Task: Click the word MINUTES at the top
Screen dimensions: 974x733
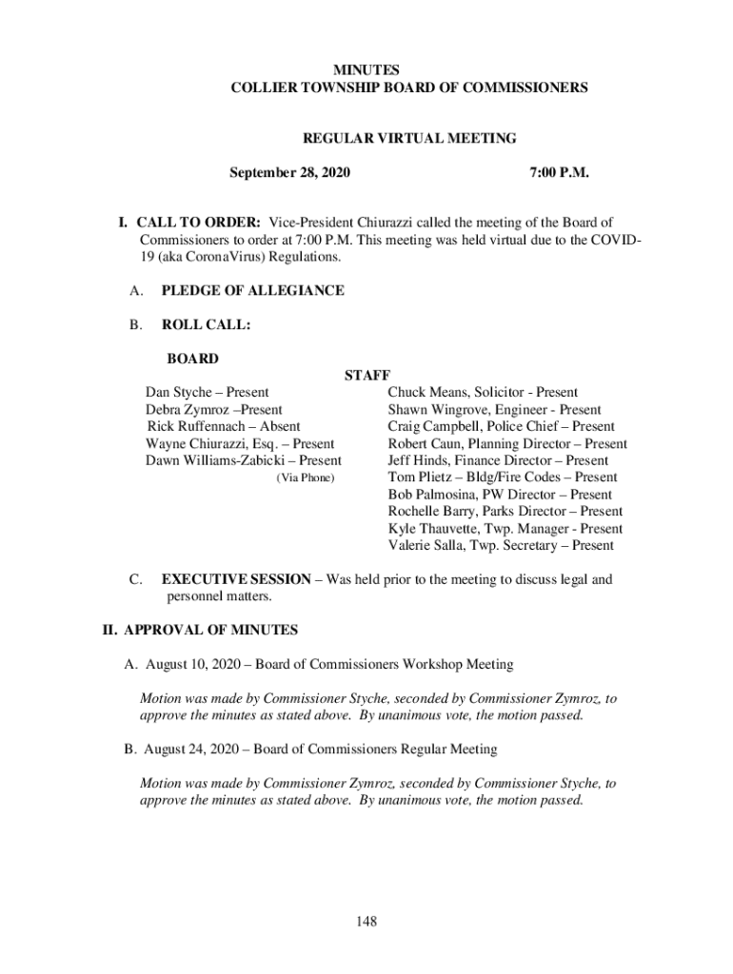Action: coord(366,70)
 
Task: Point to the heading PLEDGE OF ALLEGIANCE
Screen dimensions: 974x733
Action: coord(253,290)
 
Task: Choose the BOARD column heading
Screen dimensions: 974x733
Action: coord(192,359)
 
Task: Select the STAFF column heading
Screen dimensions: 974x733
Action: coord(367,376)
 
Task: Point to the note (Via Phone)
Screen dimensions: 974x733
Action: coord(306,477)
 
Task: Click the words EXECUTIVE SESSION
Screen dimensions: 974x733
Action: coord(236,579)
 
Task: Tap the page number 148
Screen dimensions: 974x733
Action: coord(366,922)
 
